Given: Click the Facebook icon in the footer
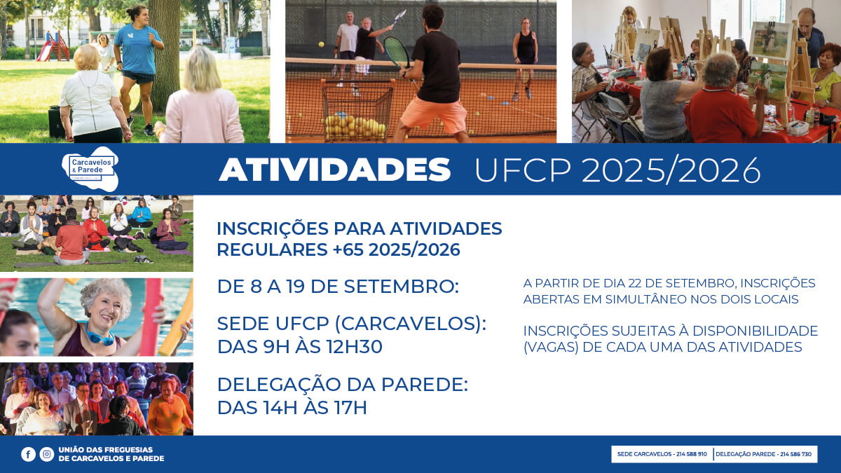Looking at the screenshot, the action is pos(28,454).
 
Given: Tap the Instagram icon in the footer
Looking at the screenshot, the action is pos(46,454).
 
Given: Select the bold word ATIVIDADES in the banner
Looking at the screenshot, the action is pos(334,170).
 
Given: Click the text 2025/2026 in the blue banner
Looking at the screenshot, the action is pos(671,170).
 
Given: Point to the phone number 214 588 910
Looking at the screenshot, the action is pos(692,454).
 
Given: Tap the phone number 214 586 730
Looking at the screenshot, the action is pos(796,454).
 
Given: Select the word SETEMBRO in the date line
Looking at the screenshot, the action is pos(402,287).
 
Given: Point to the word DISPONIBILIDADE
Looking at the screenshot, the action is pos(755,331).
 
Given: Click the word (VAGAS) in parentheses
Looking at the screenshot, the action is pos(551,348).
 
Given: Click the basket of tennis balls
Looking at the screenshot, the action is pos(356,111).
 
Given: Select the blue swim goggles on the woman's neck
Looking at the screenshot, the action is pos(100,335).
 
